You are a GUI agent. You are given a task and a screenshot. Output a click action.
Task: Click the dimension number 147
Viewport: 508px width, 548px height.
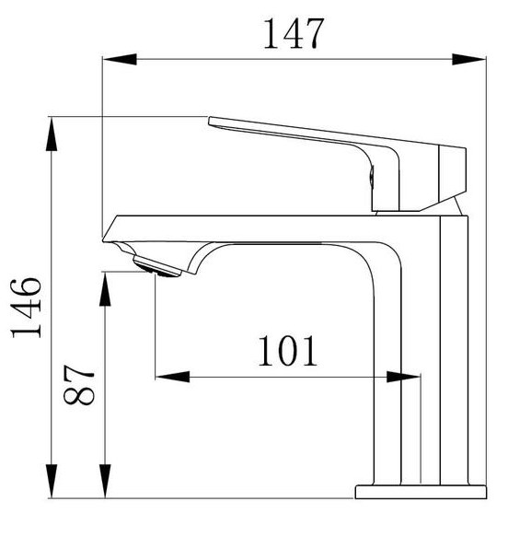294,33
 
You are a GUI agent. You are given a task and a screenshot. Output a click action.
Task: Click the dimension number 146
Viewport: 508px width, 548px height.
27,308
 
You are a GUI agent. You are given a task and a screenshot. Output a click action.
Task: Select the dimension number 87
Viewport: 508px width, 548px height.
79,385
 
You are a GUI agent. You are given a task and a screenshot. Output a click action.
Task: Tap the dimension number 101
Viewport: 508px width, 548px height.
288,351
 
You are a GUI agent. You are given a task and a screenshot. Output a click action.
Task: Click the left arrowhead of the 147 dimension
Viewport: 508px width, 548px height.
120,60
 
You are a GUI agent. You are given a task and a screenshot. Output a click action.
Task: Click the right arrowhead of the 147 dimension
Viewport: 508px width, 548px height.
469,60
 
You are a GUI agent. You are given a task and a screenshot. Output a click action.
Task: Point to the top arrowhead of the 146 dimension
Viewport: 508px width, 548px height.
52,134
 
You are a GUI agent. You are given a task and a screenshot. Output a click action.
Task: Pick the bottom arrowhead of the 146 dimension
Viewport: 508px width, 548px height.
52,481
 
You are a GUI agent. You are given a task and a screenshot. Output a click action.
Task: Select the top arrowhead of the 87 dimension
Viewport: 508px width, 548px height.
105,289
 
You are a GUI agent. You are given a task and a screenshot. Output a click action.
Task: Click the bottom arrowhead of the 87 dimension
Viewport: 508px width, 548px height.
105,481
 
